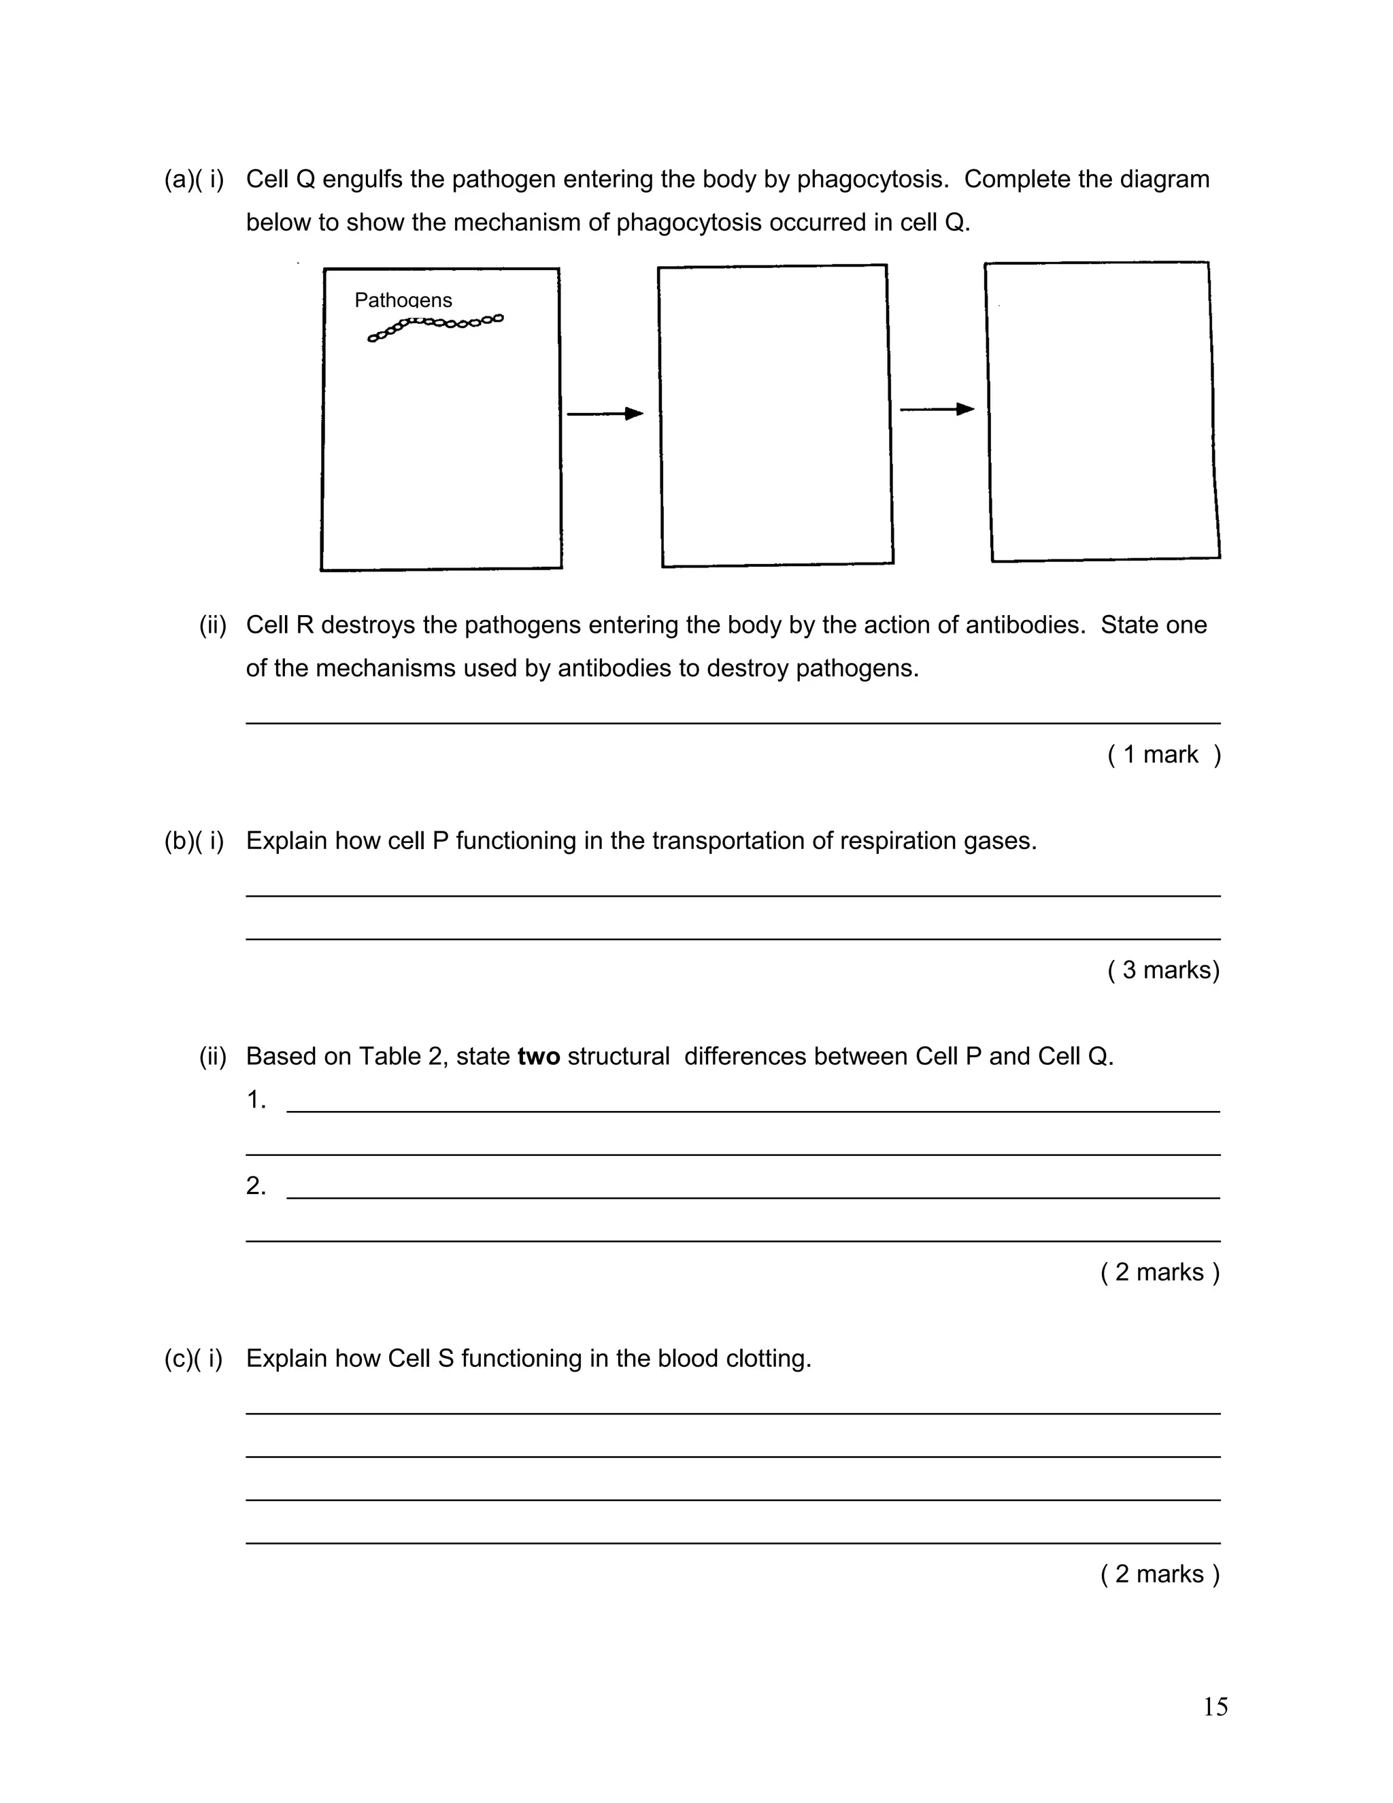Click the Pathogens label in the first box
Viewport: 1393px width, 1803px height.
coord(403,299)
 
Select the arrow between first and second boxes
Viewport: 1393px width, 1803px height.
coord(604,414)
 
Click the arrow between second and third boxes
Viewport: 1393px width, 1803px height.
coord(937,410)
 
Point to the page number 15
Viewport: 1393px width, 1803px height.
coord(1215,1706)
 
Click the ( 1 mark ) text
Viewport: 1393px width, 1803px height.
coord(1164,755)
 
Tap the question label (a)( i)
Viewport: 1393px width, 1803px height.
coord(194,179)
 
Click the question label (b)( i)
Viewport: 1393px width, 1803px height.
coord(194,840)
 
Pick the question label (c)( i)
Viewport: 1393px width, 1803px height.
coord(194,1358)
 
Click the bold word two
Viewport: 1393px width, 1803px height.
coord(538,1056)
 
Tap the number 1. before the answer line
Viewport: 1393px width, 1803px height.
coord(256,1099)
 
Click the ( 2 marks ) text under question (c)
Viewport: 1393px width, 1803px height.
coord(1160,1574)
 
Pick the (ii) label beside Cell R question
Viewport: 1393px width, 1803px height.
coord(212,625)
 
